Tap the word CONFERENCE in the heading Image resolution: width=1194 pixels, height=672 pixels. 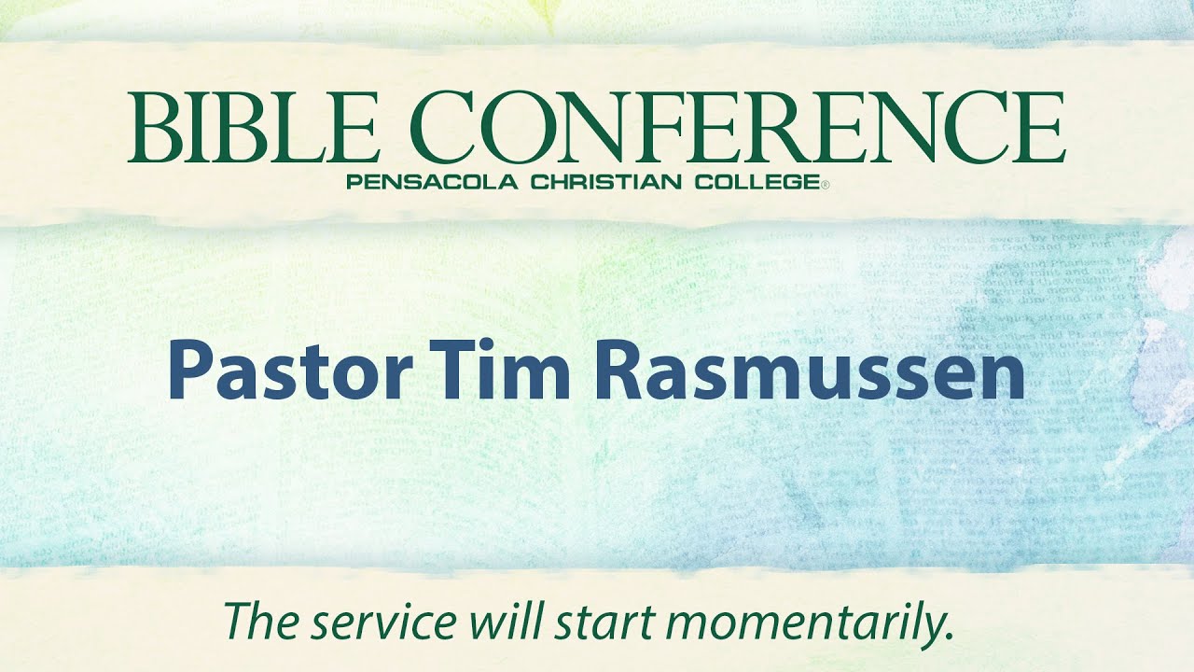click(x=737, y=128)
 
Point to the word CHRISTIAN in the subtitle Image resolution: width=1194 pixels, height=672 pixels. click(x=608, y=182)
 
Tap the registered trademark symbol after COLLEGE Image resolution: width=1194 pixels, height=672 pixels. click(x=825, y=185)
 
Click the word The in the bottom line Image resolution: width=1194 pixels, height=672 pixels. click(x=258, y=622)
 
